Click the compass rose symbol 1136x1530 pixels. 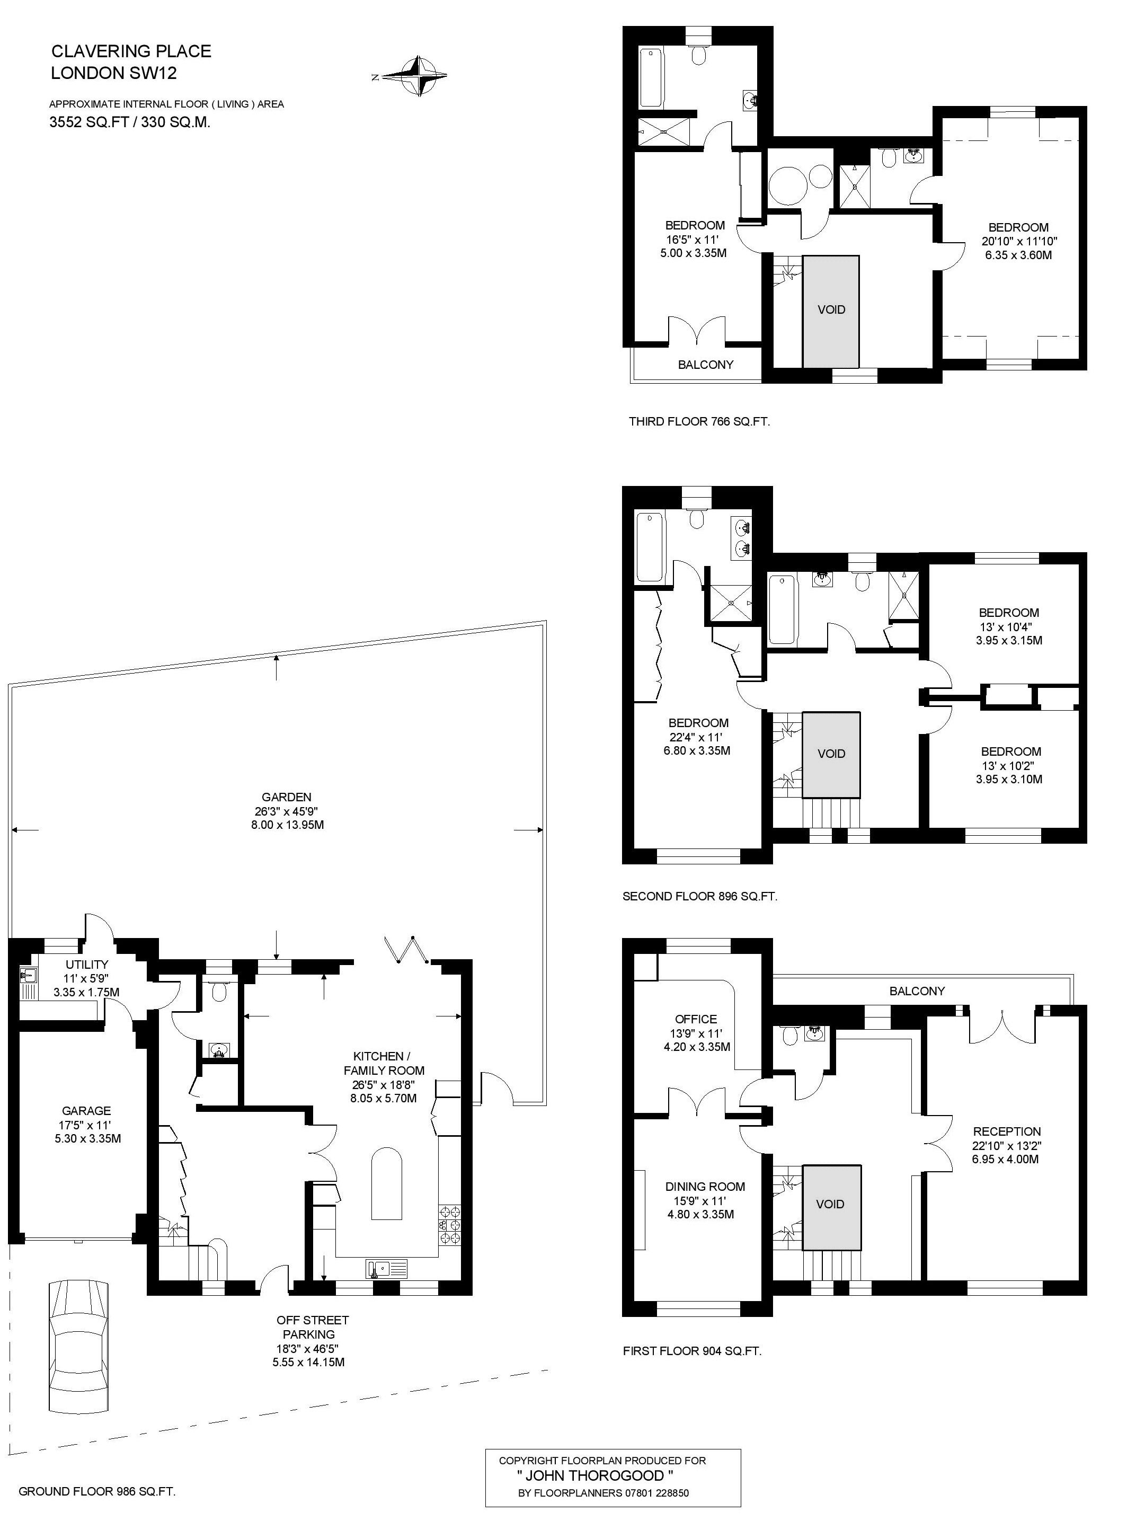(x=415, y=76)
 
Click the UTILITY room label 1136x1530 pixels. (x=87, y=964)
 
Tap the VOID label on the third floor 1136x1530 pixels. (x=831, y=309)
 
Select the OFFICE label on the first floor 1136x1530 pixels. (x=696, y=1019)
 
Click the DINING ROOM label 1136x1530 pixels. (x=705, y=1186)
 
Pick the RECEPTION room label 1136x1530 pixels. (x=1007, y=1131)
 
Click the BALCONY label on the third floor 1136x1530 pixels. (x=706, y=365)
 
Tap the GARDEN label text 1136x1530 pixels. (x=286, y=797)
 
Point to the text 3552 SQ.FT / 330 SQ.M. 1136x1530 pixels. (x=130, y=122)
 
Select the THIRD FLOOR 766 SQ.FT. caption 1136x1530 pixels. (x=699, y=421)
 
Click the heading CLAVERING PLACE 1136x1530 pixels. (x=131, y=51)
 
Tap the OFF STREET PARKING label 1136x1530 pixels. (x=312, y=1327)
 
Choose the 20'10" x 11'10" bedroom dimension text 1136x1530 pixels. (x=1019, y=241)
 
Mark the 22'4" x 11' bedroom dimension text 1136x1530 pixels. (x=696, y=737)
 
